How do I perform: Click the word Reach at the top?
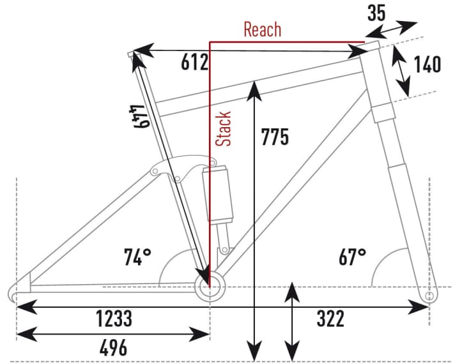[x=262, y=29]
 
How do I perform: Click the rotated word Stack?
[x=223, y=128]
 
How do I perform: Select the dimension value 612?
[x=196, y=63]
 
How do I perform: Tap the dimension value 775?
[x=275, y=136]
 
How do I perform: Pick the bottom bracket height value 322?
[x=330, y=318]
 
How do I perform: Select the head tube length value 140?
[x=428, y=64]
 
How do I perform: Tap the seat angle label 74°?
[x=137, y=257]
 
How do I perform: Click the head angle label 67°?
[x=352, y=257]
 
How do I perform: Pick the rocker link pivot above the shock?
[x=156, y=171]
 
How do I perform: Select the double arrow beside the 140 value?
[x=401, y=71]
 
